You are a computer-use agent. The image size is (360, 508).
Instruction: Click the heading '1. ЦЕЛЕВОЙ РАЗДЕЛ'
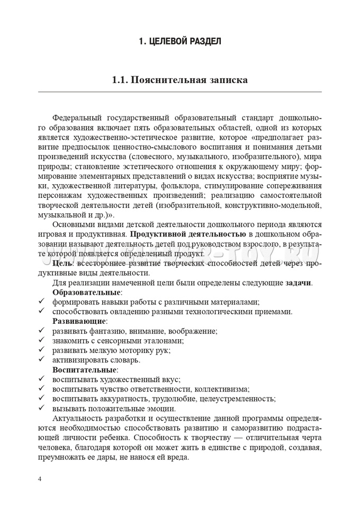pyautogui.click(x=179, y=41)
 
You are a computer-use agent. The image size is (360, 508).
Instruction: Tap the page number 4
pyautogui.click(x=40, y=479)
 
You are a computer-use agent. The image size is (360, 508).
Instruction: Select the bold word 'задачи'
pyautogui.click(x=299, y=283)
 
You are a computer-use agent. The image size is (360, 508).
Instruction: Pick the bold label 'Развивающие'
pyautogui.click(x=79, y=321)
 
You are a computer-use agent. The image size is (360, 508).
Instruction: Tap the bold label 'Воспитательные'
pyautogui.click(x=85, y=369)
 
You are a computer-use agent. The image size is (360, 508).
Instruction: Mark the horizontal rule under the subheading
pyautogui.click(x=179, y=92)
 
